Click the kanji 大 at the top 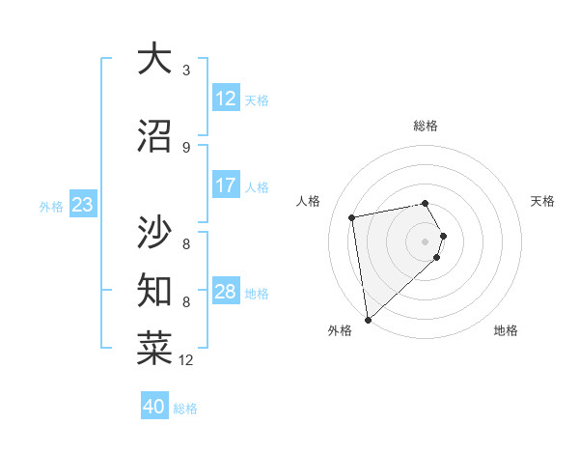coord(154,60)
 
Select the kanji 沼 coord(154,136)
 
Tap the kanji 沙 coord(154,231)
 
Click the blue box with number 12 coord(226,99)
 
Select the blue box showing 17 coord(226,185)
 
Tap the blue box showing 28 coord(226,292)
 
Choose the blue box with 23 coord(82,205)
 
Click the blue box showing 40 coord(154,407)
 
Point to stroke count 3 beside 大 coord(186,71)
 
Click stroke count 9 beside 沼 coord(186,147)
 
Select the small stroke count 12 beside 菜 coord(186,360)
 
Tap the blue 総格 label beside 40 coord(185,409)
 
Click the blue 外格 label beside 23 coord(51,206)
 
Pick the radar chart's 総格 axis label coord(426,126)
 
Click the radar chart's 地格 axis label coord(506,331)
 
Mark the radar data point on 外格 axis coord(368,319)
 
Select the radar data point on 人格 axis coord(353,217)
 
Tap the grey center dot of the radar coord(426,241)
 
